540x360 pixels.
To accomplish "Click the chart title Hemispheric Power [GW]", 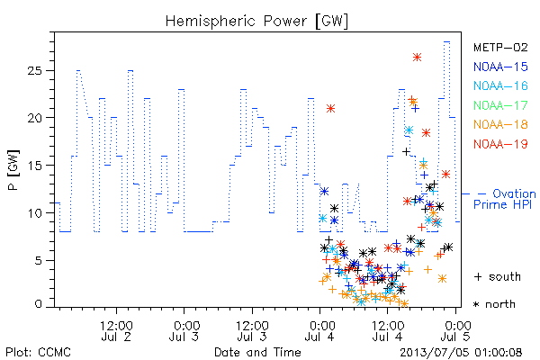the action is point(256,22).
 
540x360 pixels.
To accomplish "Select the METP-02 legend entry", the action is point(500,47).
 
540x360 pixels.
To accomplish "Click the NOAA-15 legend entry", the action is point(500,67).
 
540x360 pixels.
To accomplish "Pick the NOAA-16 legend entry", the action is point(500,85).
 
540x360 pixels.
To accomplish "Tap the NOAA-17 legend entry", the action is point(500,105).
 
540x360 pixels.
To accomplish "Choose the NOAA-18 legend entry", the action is point(500,124).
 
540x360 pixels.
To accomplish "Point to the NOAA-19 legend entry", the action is point(500,144).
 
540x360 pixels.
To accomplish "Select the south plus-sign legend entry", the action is point(498,276).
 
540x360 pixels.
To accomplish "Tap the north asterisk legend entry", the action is point(494,304).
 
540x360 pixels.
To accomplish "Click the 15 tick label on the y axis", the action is point(34,166).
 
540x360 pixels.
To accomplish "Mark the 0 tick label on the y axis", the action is point(38,304).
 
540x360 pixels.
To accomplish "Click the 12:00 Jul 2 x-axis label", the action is point(116,330).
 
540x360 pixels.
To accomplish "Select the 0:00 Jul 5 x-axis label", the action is point(455,330).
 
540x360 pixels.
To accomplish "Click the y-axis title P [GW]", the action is point(13,170).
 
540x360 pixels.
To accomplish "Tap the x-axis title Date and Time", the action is point(257,353).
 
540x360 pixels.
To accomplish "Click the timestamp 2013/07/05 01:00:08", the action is point(461,353).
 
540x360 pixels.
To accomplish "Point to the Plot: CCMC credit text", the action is point(38,353).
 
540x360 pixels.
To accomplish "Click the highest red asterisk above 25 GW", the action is point(417,58).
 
